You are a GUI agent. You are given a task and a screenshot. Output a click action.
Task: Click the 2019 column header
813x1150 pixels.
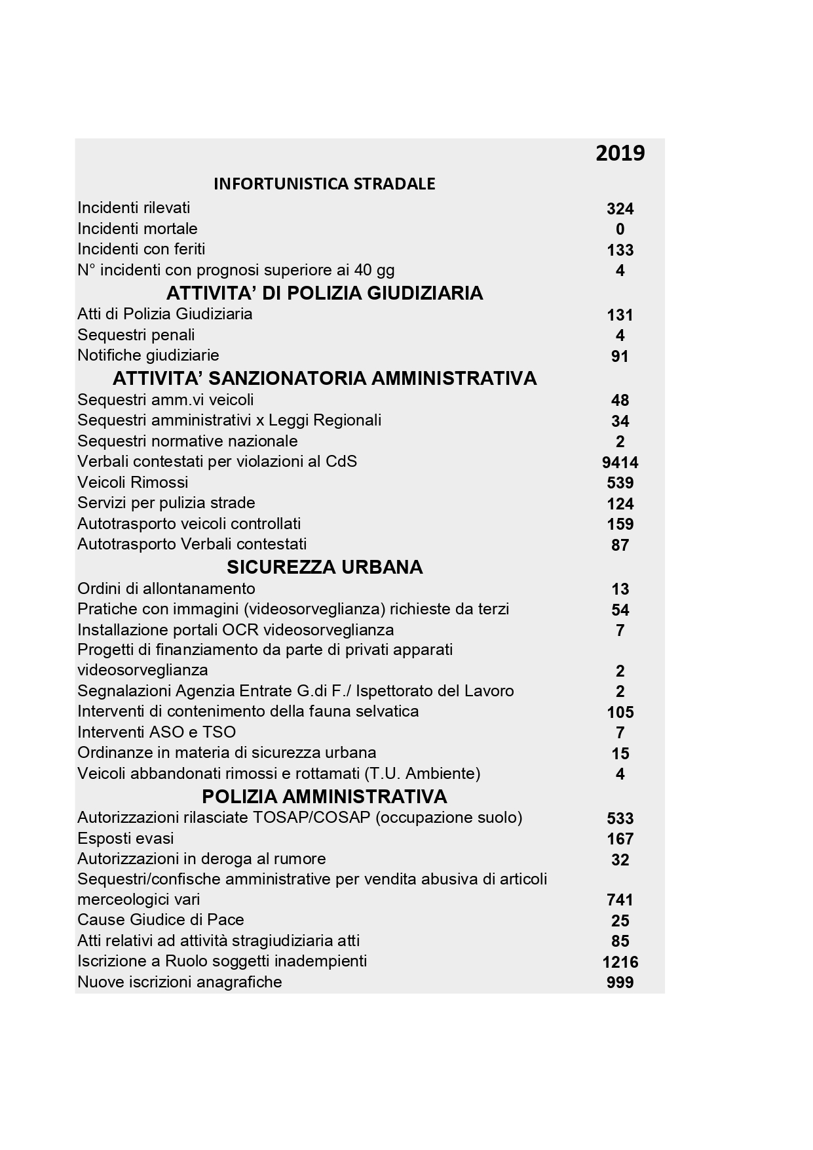pyautogui.click(x=620, y=153)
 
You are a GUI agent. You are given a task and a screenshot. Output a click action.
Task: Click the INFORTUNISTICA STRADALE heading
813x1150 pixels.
pyautogui.click(x=324, y=184)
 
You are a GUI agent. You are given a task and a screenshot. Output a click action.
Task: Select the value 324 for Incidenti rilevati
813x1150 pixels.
pyautogui.click(x=620, y=209)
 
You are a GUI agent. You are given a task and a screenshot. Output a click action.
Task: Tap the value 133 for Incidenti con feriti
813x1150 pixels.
pyautogui.click(x=620, y=250)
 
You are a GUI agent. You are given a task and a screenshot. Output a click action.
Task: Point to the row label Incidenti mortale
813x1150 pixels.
pyautogui.click(x=138, y=229)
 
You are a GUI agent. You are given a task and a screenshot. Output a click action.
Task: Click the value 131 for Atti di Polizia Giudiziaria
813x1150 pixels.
pyautogui.click(x=620, y=315)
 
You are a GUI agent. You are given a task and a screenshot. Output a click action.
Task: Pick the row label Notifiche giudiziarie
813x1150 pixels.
pyautogui.click(x=148, y=355)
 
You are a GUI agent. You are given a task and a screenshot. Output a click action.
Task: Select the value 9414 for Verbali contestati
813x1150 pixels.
pyautogui.click(x=620, y=463)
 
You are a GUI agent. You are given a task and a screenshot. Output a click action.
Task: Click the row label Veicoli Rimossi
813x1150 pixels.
pyautogui.click(x=132, y=483)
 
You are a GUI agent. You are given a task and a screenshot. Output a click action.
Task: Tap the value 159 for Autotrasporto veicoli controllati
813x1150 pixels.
pyautogui.click(x=620, y=525)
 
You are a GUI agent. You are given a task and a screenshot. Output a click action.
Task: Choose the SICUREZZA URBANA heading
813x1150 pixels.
pyautogui.click(x=324, y=567)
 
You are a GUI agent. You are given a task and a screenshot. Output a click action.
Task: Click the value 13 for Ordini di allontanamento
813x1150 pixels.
pyautogui.click(x=620, y=589)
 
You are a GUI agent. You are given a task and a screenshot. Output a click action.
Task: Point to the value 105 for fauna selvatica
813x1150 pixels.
pyautogui.click(x=620, y=713)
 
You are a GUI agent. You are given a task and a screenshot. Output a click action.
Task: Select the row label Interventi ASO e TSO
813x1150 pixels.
pyautogui.click(x=157, y=732)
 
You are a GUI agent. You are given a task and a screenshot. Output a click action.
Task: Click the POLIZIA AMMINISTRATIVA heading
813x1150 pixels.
pyautogui.click(x=324, y=797)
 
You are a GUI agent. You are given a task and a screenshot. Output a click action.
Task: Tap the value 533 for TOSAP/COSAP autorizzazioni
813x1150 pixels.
pyautogui.click(x=620, y=819)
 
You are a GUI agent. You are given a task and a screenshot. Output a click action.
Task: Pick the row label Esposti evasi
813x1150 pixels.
pyautogui.click(x=126, y=839)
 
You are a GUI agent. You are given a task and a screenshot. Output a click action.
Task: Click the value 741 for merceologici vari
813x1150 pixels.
pyautogui.click(x=620, y=900)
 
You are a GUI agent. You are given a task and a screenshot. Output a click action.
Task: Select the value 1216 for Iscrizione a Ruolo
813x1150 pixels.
pyautogui.click(x=620, y=962)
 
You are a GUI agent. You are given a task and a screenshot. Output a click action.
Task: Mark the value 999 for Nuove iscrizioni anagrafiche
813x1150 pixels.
pyautogui.click(x=620, y=983)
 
